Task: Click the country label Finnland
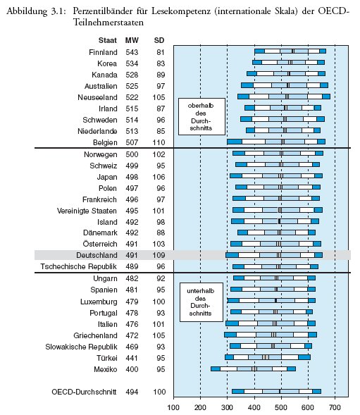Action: [x=103, y=52]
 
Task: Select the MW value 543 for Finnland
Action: [x=132, y=52]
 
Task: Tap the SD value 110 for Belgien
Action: [x=159, y=142]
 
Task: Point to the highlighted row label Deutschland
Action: [x=97, y=255]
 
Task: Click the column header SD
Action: [x=159, y=40]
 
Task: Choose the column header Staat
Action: [x=108, y=40]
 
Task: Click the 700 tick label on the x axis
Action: [x=335, y=407]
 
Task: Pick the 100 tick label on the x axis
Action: [x=173, y=407]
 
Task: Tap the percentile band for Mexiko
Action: [x=253, y=369]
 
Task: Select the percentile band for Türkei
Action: [x=268, y=357]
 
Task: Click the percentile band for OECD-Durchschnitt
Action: [x=276, y=392]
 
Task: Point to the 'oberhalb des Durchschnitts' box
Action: [x=201, y=116]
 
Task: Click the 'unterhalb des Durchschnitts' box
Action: [x=201, y=302]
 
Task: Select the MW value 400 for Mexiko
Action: [x=132, y=369]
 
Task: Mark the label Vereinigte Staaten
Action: [x=87, y=211]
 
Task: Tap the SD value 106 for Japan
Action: [x=159, y=177]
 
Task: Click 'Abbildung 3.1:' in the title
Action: [x=36, y=11]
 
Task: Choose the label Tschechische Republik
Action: [x=78, y=266]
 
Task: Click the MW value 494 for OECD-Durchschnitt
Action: [x=132, y=392]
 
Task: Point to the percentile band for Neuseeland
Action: [x=284, y=97]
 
